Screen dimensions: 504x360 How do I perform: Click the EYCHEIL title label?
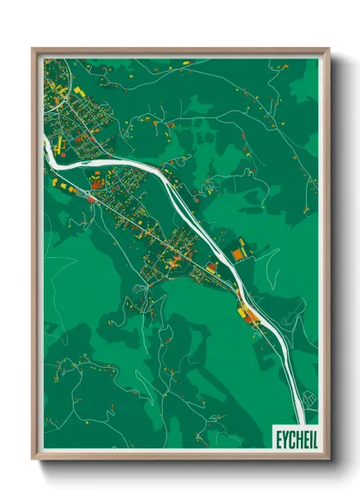(293, 438)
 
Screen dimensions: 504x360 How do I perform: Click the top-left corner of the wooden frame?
(33, 49)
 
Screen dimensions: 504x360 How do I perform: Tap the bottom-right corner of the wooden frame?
(328, 459)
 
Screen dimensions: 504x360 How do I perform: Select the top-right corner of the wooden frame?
(328, 49)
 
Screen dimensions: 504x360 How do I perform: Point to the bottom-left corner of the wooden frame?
(33, 459)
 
